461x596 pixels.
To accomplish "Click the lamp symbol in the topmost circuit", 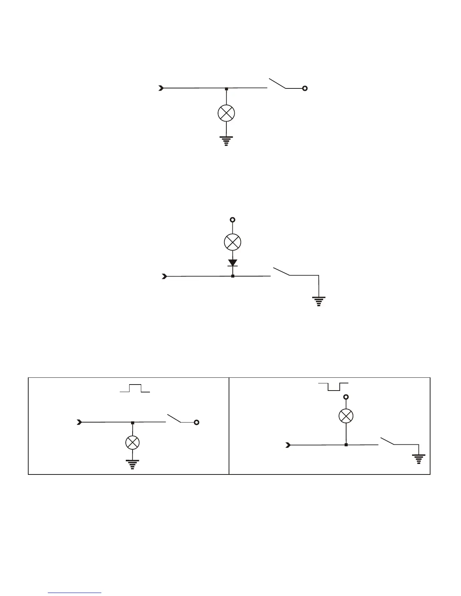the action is pos(226,113).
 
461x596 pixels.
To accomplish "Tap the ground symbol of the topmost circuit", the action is pos(226,141).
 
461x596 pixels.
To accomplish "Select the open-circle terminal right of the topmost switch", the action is pos(305,88).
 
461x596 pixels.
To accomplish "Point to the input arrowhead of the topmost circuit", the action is pos(161,88).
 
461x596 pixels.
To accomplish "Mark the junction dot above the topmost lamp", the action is pos(226,89).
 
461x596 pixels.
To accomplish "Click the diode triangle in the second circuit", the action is pos(233,262).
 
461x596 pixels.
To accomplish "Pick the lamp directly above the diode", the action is pos(232,242).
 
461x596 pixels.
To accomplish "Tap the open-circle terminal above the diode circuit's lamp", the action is pos(233,220).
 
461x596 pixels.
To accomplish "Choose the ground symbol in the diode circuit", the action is pos(319,301).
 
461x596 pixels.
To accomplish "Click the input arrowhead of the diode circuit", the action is pos(164,277).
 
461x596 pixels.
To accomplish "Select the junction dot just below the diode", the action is pos(233,276).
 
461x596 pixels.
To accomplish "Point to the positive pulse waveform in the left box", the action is pos(135,388).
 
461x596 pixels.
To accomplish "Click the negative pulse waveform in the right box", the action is pos(333,386).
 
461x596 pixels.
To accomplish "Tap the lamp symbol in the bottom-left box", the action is pos(132,443).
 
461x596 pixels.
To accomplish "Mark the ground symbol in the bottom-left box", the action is pos(132,464).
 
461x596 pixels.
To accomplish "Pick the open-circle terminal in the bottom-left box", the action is pos(196,423).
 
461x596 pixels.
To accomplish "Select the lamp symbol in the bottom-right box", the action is pos(346,416).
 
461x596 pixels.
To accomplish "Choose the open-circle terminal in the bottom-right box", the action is pos(346,397).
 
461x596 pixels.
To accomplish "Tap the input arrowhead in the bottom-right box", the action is pos(288,445).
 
